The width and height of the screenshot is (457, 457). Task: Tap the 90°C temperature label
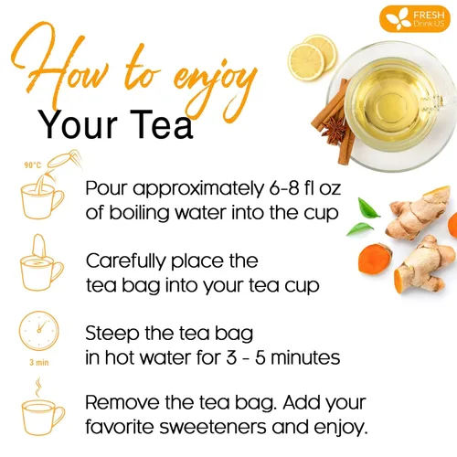click(31, 166)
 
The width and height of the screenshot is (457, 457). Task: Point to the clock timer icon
click(39, 331)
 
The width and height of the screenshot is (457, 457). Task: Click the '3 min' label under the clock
click(39, 361)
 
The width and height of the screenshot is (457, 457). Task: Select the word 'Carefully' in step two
click(127, 260)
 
